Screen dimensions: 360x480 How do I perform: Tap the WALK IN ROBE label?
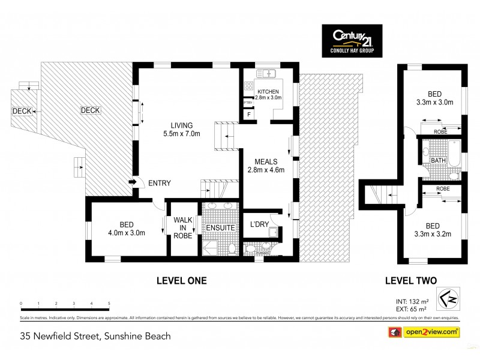click(x=183, y=228)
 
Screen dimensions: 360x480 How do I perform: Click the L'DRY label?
click(x=259, y=224)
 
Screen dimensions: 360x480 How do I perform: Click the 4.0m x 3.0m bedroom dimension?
click(x=127, y=233)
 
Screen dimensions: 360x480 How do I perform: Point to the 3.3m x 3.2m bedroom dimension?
click(x=433, y=233)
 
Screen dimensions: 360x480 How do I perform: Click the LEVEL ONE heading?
click(x=181, y=280)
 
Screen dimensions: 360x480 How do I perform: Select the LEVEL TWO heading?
click(x=410, y=280)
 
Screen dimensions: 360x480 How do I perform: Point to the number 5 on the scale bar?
click(x=109, y=304)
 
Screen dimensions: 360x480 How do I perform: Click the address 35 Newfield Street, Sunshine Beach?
click(x=95, y=336)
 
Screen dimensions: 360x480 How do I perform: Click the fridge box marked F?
click(x=248, y=114)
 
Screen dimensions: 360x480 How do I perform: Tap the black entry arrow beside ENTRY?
click(x=132, y=182)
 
